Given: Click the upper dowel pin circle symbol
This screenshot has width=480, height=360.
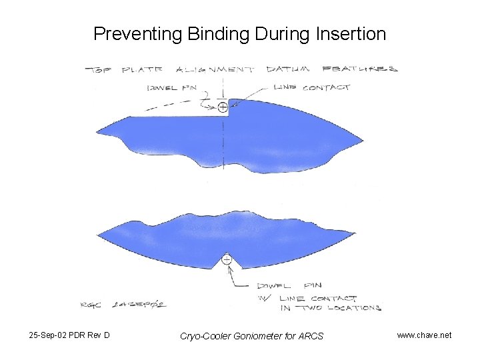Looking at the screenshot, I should (223, 106).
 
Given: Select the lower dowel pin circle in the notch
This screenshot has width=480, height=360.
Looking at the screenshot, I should (227, 259).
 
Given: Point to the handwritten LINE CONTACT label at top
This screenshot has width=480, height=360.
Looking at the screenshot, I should (311, 87).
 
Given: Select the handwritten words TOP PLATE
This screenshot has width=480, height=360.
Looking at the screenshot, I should (127, 69).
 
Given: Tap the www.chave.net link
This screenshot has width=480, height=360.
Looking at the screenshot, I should (424, 335).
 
